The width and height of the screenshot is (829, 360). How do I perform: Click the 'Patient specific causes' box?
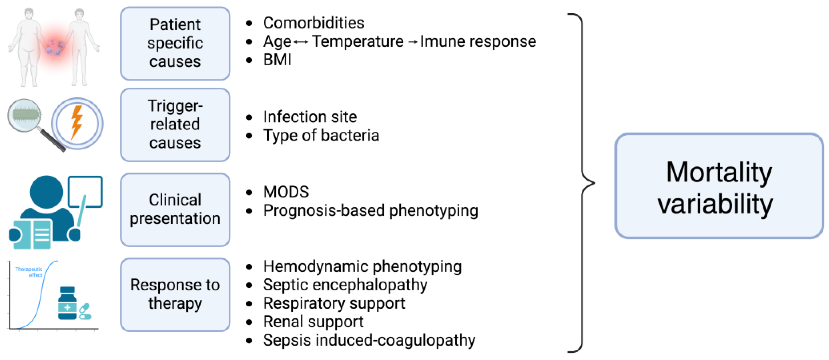pos(175,43)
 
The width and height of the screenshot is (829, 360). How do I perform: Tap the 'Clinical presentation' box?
pos(175,210)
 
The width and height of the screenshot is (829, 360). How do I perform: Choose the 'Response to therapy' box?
pos(175,294)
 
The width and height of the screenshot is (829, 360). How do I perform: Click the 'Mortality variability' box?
pos(719,186)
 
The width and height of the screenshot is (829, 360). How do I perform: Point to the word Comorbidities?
pos(313,23)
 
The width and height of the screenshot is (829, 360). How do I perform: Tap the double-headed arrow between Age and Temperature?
pos(301,42)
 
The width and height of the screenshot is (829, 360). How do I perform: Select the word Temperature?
pos(357,42)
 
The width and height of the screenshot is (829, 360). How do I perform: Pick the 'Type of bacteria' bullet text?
pos(321,135)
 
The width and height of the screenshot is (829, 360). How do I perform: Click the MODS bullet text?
pos(286,192)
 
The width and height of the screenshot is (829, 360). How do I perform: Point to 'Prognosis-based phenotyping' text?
pos(371,211)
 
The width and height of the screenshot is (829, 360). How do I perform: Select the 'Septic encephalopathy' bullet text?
pos(345,285)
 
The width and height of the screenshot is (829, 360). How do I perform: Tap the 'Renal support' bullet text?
pos(313,321)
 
